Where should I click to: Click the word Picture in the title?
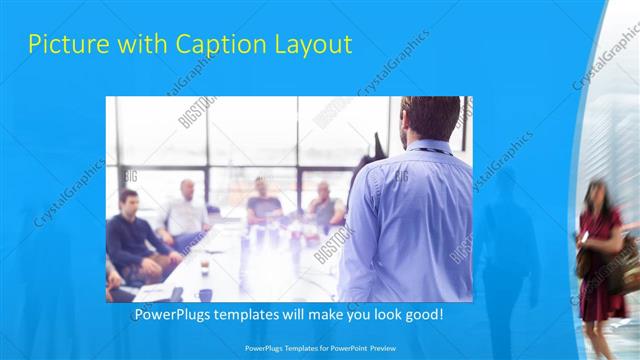(x=63, y=44)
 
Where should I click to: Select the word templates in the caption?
(x=259, y=315)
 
